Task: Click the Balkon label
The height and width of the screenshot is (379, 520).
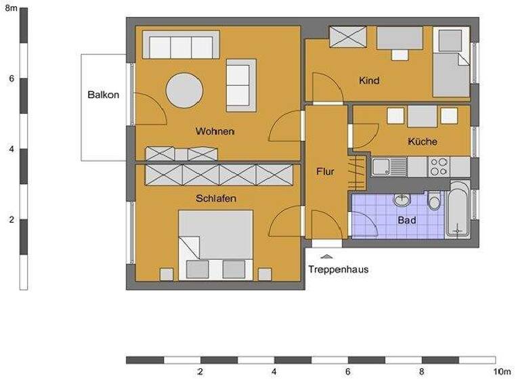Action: point(103,95)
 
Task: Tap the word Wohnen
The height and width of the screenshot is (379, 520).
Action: point(215,131)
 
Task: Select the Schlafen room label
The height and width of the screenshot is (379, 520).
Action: point(215,199)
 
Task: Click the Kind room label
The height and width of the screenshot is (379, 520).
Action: point(369,81)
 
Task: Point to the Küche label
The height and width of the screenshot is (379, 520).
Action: point(422,142)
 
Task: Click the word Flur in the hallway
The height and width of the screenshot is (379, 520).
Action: point(325,172)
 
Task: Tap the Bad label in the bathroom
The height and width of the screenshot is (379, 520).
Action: point(406,221)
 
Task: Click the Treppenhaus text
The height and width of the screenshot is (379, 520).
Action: point(338,269)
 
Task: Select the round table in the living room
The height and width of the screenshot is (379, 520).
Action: point(185,89)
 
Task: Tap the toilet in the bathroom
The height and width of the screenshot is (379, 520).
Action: point(433,200)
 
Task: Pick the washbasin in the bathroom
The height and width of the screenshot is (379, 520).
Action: point(403,200)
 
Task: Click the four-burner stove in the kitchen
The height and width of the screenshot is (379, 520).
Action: point(439,166)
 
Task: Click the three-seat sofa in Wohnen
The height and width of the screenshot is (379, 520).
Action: point(181,47)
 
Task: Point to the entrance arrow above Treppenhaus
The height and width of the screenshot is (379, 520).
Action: point(326,257)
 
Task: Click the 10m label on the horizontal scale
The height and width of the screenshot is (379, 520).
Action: point(502,372)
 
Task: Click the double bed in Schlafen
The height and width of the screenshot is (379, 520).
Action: point(215,244)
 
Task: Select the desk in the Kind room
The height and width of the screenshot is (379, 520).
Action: point(400,40)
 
